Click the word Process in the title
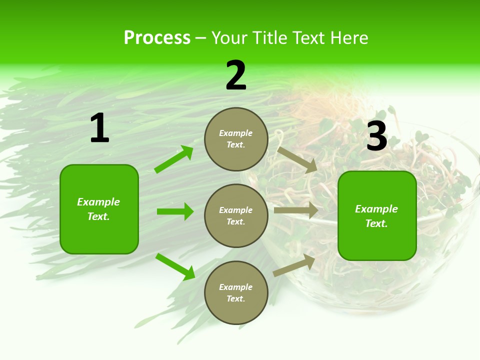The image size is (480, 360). (157, 38)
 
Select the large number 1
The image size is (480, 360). (99, 128)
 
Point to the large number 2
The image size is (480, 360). (236, 75)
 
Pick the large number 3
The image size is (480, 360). (376, 136)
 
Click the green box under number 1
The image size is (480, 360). (99, 209)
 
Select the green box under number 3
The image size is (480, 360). (377, 216)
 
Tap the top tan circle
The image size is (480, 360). (236, 139)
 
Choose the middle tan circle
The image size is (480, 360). (236, 215)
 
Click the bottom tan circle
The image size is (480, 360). (236, 292)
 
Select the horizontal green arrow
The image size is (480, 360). (175, 211)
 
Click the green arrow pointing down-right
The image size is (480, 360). (175, 266)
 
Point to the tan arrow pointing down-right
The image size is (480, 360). (297, 159)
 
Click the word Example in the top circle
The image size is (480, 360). (236, 133)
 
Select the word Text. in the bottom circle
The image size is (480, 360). (236, 298)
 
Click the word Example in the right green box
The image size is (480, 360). (376, 209)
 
